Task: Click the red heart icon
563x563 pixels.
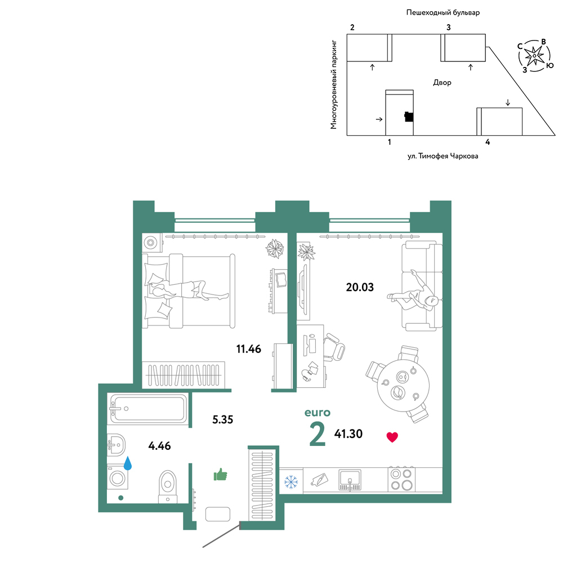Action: (x=392, y=437)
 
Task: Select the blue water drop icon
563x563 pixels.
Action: (x=127, y=463)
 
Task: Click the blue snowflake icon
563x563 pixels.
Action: (x=291, y=482)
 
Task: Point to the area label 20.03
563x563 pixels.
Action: (x=360, y=287)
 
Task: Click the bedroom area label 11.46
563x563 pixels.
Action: (x=248, y=349)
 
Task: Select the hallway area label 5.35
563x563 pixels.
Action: (x=222, y=419)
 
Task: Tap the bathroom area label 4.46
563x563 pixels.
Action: (x=159, y=446)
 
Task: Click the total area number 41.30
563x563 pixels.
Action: (x=348, y=434)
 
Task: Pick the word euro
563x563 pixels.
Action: (x=318, y=413)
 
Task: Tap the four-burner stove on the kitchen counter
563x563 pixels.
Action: (x=401, y=479)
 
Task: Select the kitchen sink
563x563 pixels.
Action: (x=350, y=480)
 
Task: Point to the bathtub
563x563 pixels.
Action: (x=148, y=409)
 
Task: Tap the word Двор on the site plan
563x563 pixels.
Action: (x=442, y=83)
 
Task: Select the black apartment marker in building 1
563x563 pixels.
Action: (x=409, y=117)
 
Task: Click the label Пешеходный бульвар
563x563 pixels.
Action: (x=443, y=12)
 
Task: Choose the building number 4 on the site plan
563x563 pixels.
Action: (x=488, y=142)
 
